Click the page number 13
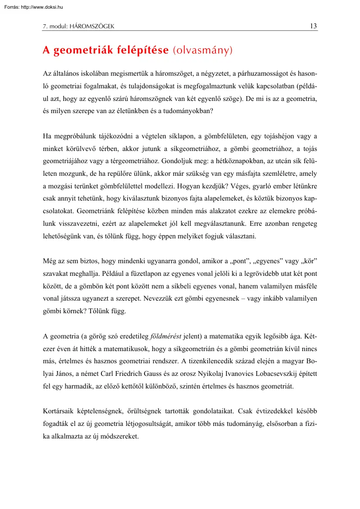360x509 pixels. pos(313,26)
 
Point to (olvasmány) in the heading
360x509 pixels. pos(203,50)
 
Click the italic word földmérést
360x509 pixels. pos(166,336)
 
